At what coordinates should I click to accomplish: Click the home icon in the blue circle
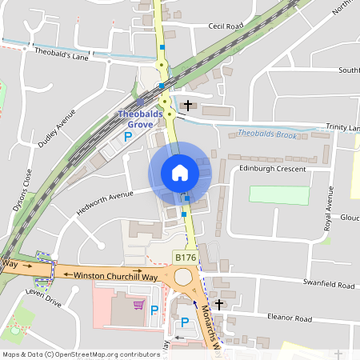click(x=180, y=173)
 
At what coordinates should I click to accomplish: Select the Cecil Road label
click(x=225, y=26)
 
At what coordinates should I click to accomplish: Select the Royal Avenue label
click(x=327, y=210)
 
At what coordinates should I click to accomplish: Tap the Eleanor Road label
click(x=290, y=318)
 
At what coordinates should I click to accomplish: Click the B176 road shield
click(x=184, y=257)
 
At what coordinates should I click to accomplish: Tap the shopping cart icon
click(x=138, y=305)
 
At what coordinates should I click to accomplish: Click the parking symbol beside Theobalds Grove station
click(x=127, y=138)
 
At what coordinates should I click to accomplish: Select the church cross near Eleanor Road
click(x=218, y=305)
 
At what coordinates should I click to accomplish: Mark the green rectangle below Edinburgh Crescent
click(x=278, y=195)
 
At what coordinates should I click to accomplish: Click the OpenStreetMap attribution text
click(x=81, y=354)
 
